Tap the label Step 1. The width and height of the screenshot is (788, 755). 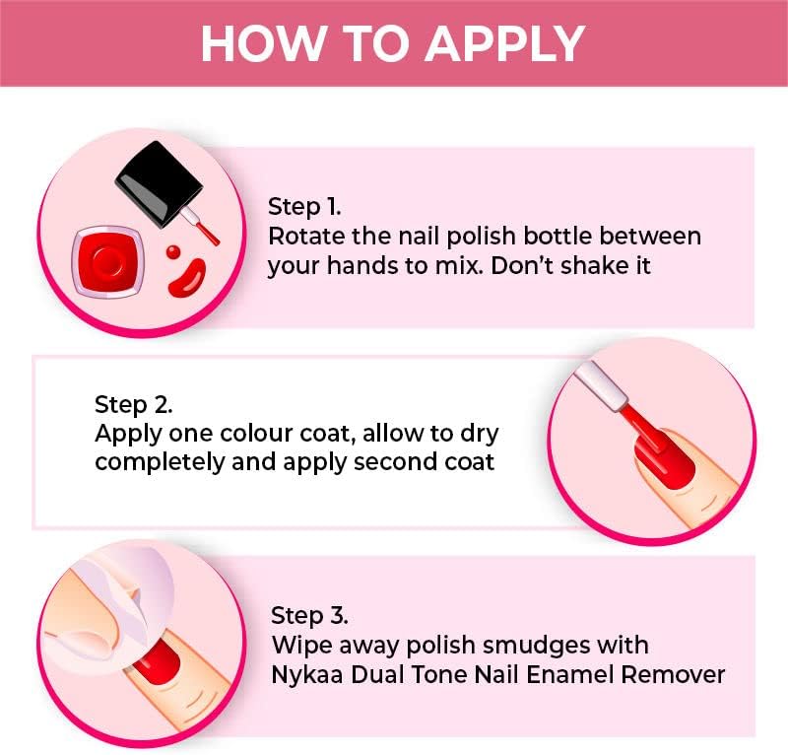point(304,207)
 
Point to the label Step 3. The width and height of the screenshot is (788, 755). point(309,616)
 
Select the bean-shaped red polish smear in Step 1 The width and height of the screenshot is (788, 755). point(185,278)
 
